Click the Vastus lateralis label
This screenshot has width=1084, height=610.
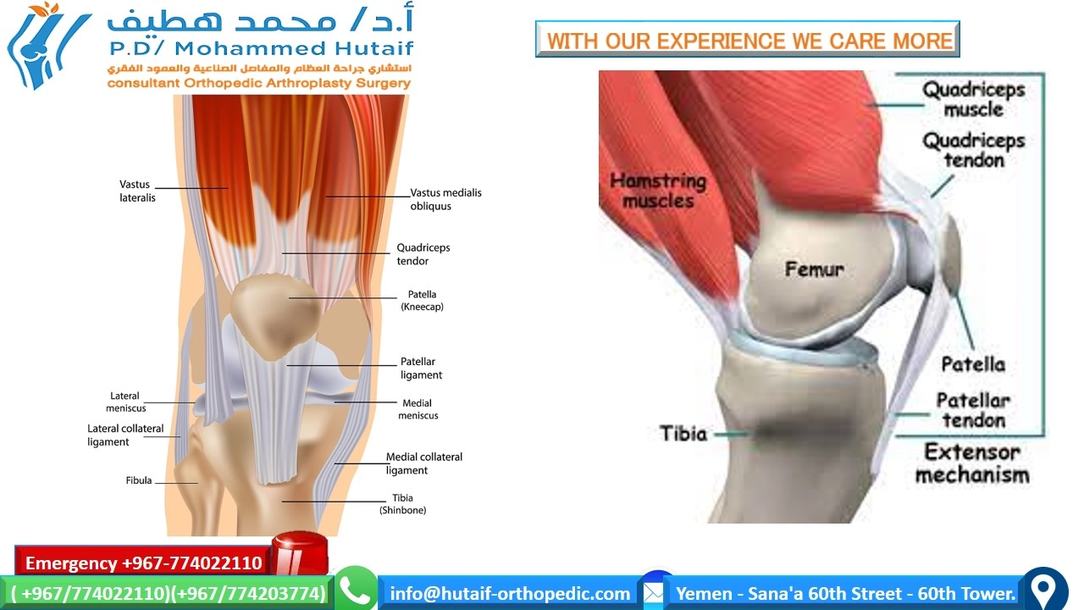pos(137,191)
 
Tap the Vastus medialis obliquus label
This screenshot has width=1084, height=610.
pos(445,199)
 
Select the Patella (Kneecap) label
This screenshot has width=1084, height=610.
pos(422,300)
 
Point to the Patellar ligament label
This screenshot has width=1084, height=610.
pos(421,368)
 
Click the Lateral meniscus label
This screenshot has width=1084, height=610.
pos(126,402)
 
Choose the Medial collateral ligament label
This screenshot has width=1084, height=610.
pos(424,463)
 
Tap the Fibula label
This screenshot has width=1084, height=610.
pos(139,480)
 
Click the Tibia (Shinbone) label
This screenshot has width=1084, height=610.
pos(402,503)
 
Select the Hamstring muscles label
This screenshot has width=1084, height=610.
pos(658,191)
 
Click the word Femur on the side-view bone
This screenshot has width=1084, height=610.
pos(814,269)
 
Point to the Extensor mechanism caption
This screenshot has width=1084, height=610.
pos(972,463)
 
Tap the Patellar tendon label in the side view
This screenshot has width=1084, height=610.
pos(973,410)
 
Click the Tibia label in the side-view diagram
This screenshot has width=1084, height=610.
pos(683,433)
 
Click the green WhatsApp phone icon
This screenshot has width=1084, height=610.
pos(356,588)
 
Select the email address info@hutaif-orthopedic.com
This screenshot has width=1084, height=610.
pos(510,594)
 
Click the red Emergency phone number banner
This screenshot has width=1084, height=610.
pos(143,563)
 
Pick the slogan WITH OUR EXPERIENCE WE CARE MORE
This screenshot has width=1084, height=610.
pos(749,41)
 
